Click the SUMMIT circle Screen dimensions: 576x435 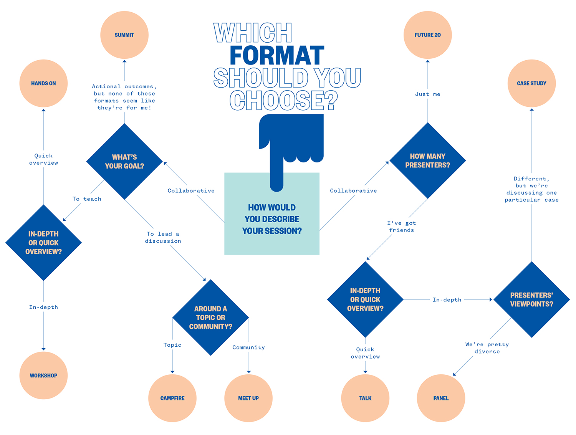coord(124,35)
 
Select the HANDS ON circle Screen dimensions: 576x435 coord(43,83)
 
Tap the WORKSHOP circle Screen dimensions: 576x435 coord(43,375)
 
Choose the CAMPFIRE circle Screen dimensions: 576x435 coord(172,398)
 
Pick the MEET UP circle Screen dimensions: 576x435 coord(248,398)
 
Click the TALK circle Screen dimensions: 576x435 coord(365,398)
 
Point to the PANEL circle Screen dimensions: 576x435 coord(441,398)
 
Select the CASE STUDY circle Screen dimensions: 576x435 coord(531,83)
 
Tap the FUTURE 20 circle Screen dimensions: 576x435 coord(427,35)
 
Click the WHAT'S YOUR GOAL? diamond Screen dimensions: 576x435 coord(124,161)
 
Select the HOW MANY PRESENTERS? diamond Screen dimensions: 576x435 coord(427,160)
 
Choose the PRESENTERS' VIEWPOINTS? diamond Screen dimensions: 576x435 coord(531,299)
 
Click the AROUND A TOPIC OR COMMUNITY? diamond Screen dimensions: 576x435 coord(210,317)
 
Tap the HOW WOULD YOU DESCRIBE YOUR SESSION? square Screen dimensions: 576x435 coord(271,213)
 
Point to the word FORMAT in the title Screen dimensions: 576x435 coord(277,55)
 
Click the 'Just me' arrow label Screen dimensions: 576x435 coord(427,94)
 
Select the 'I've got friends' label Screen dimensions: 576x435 coord(401,227)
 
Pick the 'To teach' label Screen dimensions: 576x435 coord(87,199)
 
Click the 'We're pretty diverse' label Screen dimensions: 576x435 coord(487,347)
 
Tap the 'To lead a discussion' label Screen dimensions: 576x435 coord(163,237)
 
